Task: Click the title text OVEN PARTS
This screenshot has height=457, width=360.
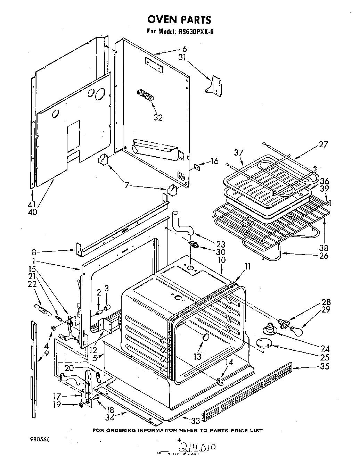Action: coord(180,19)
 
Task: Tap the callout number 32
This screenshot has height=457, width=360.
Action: coord(158,118)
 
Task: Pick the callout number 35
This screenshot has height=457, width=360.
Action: coord(324,366)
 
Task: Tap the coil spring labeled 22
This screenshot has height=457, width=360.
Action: coord(42,308)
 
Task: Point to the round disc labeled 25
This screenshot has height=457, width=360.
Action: coord(265,343)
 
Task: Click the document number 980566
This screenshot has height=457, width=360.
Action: coord(40,439)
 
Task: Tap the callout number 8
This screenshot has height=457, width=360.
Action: coord(34,252)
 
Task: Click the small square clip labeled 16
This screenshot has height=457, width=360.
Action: coord(197,167)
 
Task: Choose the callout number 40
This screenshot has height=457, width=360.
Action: coord(32,211)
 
